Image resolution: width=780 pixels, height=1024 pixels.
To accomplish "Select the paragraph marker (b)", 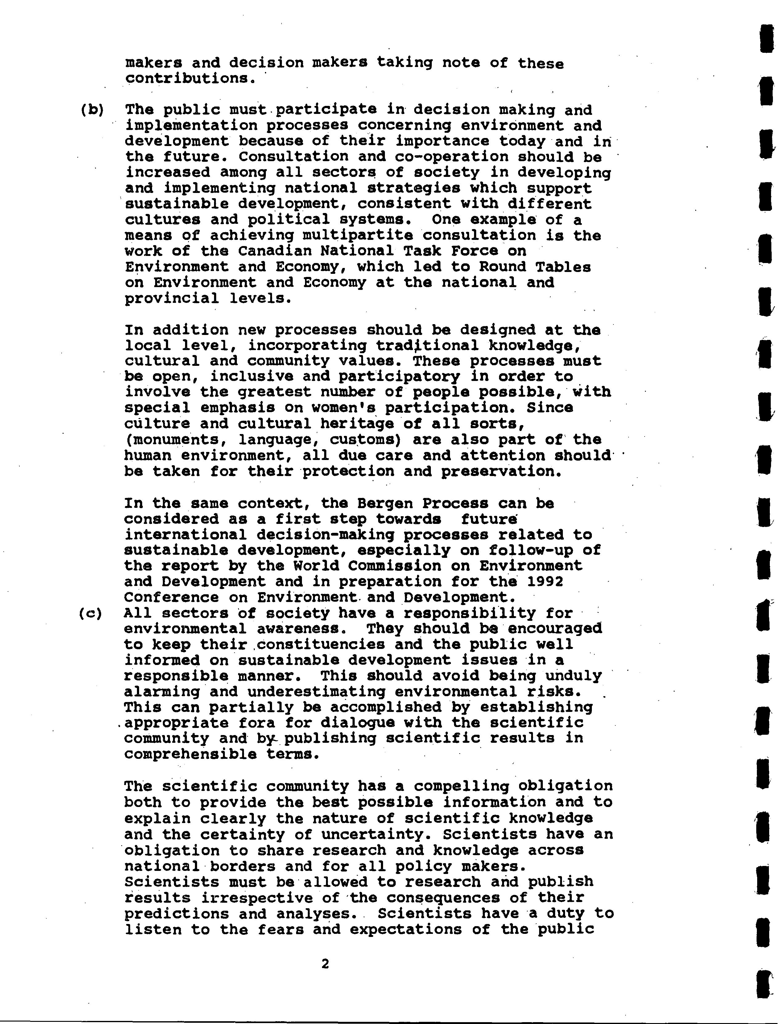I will click(x=92, y=110).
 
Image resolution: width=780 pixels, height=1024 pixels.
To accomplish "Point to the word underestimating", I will click(x=316, y=692).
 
